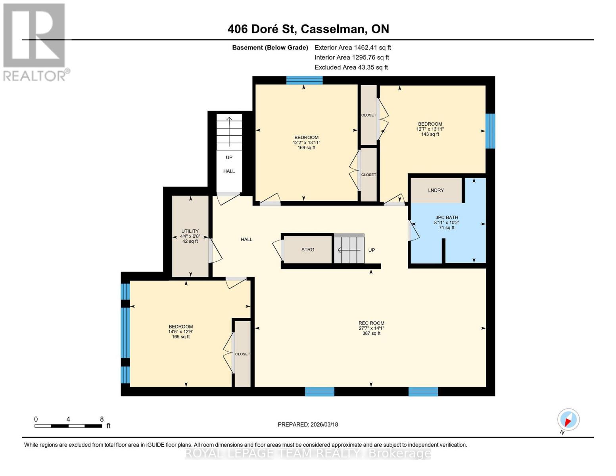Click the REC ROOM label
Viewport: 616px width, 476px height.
point(371,323)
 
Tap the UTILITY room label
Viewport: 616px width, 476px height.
point(190,231)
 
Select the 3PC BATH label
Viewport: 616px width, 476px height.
point(447,217)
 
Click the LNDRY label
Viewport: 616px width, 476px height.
point(436,190)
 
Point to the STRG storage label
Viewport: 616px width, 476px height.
point(308,250)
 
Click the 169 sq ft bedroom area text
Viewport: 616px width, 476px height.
point(306,148)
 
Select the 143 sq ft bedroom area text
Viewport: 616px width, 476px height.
point(430,134)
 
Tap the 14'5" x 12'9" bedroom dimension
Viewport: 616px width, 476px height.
point(181,332)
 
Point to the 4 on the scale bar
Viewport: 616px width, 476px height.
point(69,419)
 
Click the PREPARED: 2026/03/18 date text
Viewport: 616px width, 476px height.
point(308,424)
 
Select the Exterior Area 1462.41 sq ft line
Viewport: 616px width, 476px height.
point(353,48)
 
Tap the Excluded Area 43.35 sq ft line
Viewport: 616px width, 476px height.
point(351,67)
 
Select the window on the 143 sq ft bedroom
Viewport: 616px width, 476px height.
point(490,131)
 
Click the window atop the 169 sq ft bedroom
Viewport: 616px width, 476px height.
point(304,80)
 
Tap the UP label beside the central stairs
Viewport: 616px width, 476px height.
point(371,250)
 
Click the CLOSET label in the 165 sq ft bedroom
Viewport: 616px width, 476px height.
point(242,354)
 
